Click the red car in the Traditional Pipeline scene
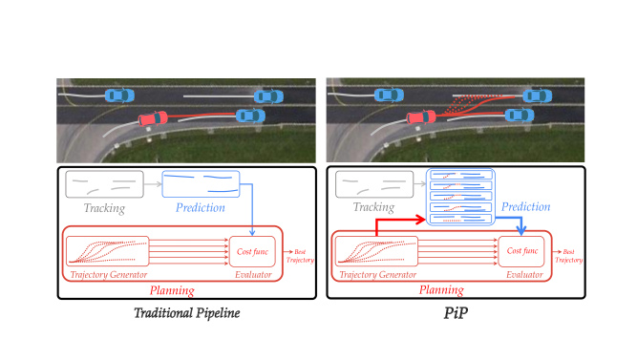coord(152,119)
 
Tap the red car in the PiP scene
coord(421,119)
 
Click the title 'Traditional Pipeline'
coord(188,312)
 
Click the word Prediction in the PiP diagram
coord(526,206)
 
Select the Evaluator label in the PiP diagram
coord(520,276)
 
